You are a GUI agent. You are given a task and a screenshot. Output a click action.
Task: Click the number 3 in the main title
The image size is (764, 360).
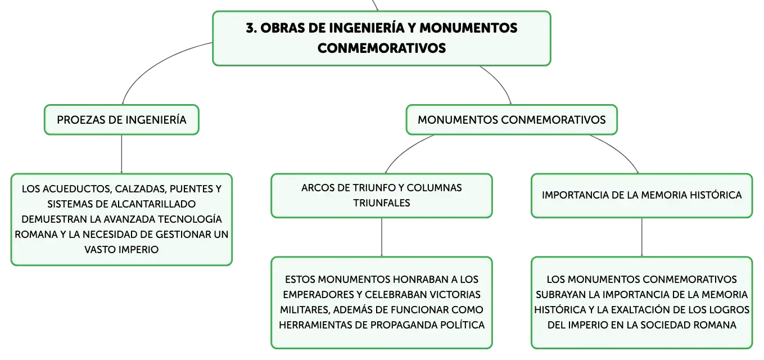(251, 28)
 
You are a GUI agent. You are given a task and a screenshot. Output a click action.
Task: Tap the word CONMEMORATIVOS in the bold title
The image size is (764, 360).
(382, 48)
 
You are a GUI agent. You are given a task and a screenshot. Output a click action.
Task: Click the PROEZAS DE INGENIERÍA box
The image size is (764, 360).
(121, 120)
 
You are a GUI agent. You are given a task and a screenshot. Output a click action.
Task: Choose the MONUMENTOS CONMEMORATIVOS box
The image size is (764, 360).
(512, 120)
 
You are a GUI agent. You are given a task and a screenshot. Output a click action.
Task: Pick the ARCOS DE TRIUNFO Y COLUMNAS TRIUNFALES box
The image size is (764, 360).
(382, 196)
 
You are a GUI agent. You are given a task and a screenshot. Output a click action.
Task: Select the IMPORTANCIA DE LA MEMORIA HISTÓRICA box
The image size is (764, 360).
(641, 196)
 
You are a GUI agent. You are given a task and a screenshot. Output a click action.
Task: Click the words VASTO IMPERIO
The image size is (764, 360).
(121, 250)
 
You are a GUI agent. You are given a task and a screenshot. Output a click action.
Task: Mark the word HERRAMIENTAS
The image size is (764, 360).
(315, 325)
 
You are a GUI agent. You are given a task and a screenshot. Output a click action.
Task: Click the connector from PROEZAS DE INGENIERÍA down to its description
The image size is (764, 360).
(121, 154)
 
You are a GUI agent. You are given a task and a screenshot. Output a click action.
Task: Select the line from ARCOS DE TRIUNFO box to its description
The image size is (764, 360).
(382, 237)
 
